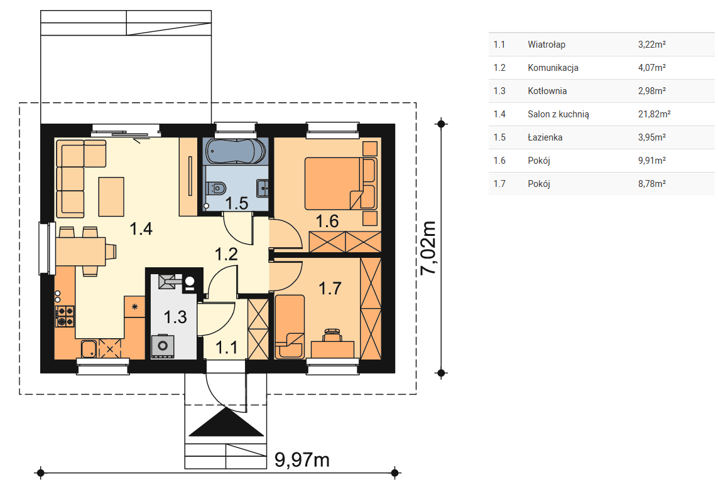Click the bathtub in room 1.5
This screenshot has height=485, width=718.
(x=236, y=151)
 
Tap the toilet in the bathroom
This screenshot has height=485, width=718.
(x=216, y=188)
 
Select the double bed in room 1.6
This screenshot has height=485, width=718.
(x=340, y=183)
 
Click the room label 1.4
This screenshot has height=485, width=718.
(x=141, y=228)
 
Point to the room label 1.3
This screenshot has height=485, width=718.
(x=175, y=317)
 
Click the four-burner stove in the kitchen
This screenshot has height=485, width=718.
(x=65, y=317)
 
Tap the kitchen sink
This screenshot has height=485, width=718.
(x=89, y=349)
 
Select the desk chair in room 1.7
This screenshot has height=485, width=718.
(x=332, y=334)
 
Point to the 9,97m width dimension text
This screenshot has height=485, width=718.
(x=302, y=459)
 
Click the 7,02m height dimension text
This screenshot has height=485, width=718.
(x=428, y=248)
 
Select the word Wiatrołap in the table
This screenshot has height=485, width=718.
(x=547, y=45)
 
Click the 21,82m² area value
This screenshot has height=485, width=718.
(x=655, y=114)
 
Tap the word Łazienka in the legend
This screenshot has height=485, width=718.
(x=545, y=137)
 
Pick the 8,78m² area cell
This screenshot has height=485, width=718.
(x=652, y=183)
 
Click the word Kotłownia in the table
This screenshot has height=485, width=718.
(x=547, y=90)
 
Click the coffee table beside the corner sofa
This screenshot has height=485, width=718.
(x=111, y=197)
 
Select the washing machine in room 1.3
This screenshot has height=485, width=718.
(x=163, y=346)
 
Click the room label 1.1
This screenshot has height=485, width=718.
(x=226, y=348)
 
